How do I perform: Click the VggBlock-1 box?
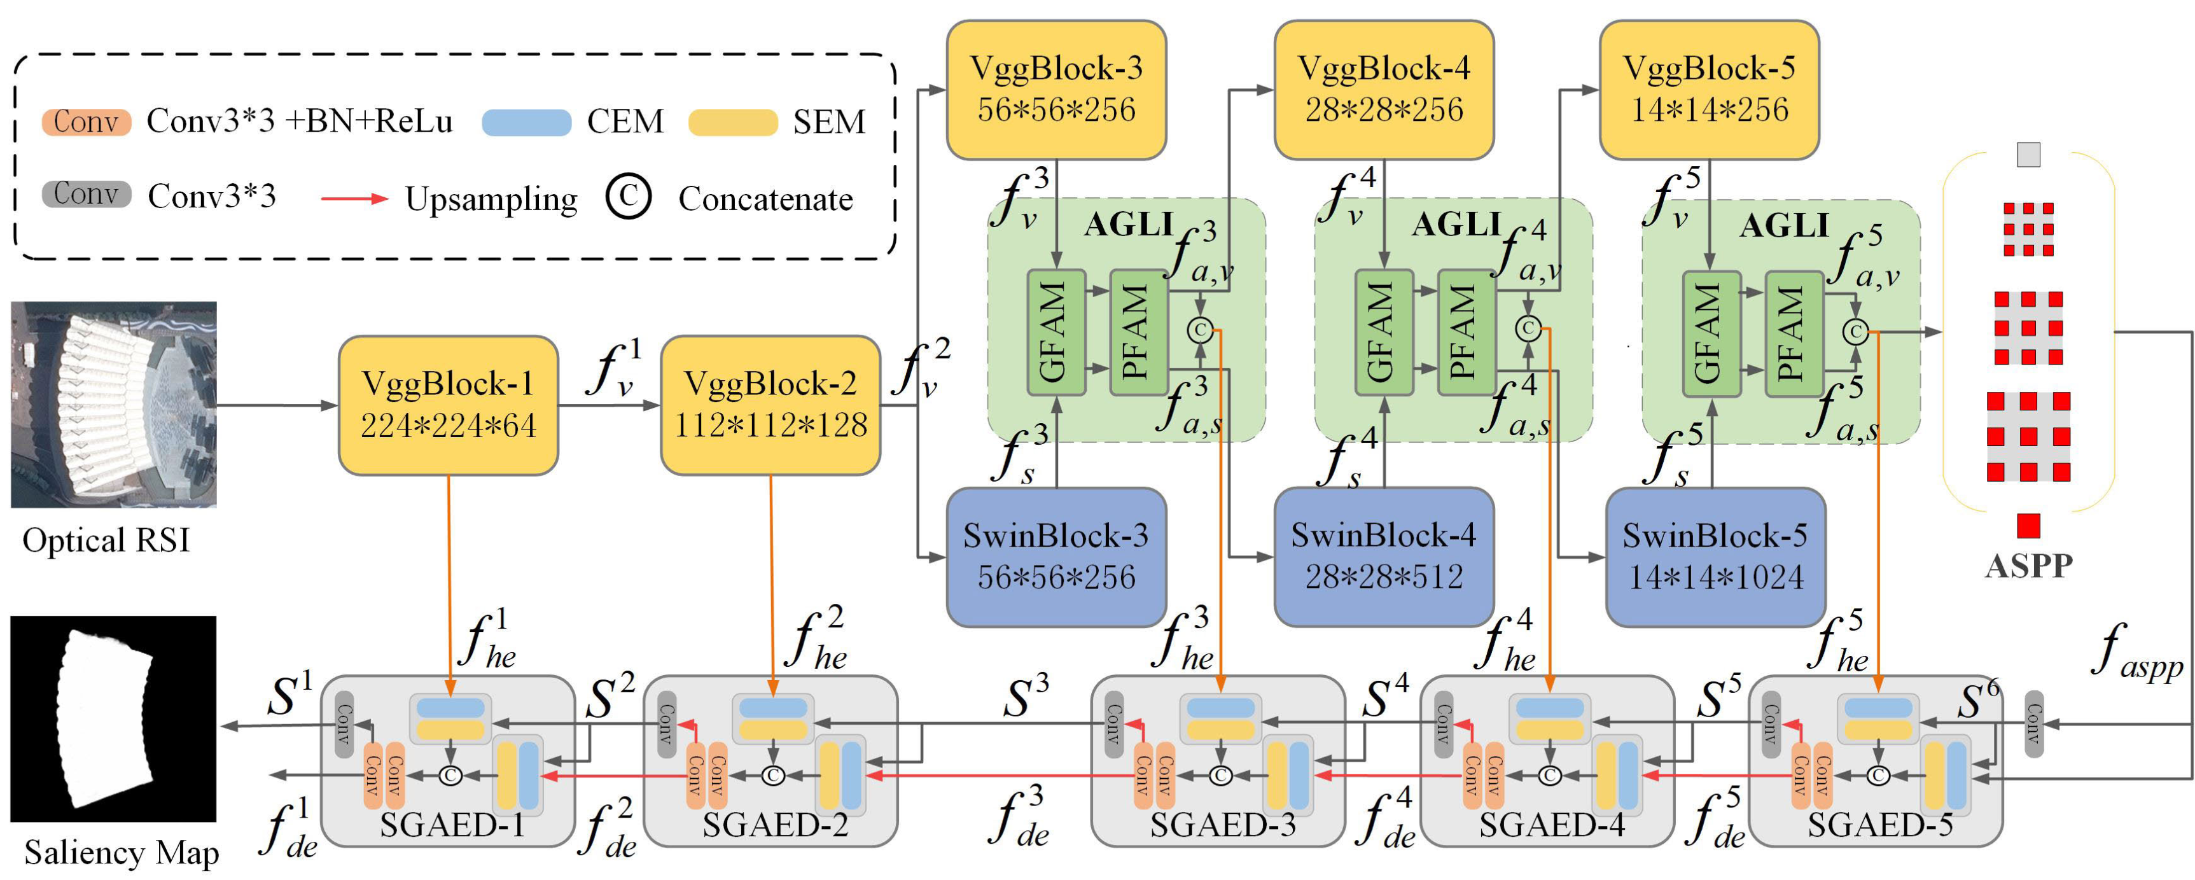[448, 405]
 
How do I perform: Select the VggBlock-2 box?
[770, 405]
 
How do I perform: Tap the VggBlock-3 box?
[1056, 90]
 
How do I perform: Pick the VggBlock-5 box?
[1710, 90]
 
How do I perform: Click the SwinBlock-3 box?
[1056, 556]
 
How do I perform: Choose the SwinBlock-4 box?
[1384, 556]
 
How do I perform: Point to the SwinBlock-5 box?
[1715, 556]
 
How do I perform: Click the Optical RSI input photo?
[113, 404]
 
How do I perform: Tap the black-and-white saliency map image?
[113, 718]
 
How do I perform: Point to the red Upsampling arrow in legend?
[354, 199]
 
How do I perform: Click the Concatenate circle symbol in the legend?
[629, 197]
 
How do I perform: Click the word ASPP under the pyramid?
[2028, 566]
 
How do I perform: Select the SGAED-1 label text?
[452, 825]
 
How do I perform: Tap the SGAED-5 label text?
[1879, 825]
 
